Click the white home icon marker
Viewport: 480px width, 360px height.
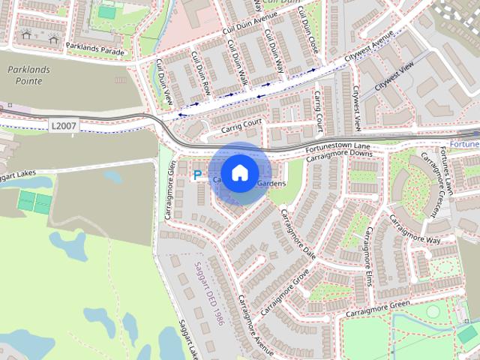[239, 172]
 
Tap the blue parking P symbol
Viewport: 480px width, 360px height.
[198, 175]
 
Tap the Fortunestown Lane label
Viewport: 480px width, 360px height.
[339, 146]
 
